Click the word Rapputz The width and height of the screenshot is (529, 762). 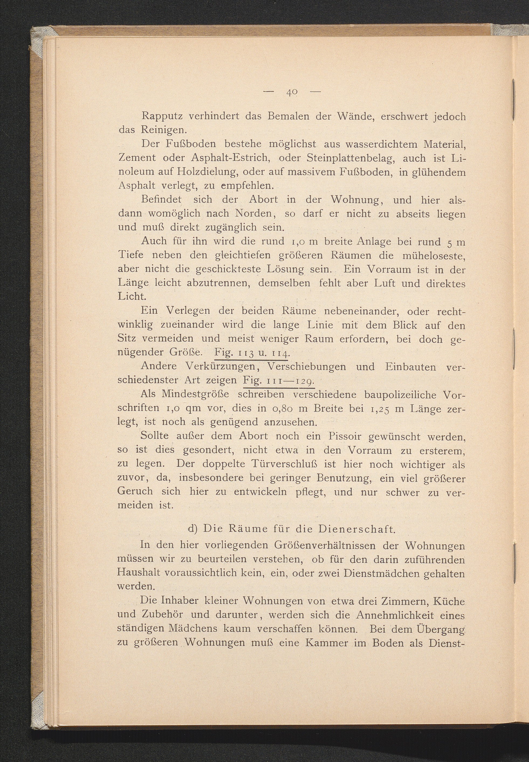pyautogui.click(x=162, y=117)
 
